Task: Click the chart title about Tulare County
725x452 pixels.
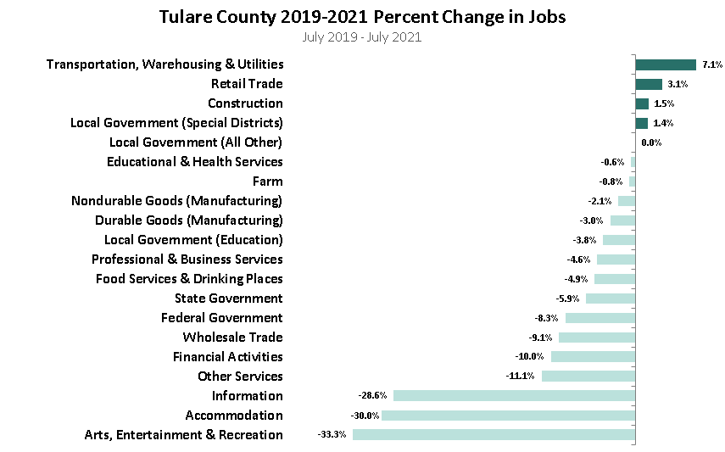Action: (x=362, y=17)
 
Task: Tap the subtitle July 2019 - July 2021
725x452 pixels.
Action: (x=362, y=36)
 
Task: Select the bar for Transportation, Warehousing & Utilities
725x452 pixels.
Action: (x=666, y=64)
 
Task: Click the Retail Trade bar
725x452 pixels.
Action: (x=649, y=84)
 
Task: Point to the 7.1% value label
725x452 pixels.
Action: (x=711, y=64)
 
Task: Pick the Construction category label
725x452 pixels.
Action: (x=245, y=103)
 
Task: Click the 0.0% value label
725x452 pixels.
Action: (x=651, y=142)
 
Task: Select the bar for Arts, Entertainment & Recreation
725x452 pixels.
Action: (x=494, y=435)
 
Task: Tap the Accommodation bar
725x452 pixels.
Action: (x=508, y=416)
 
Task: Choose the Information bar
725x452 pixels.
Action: (x=514, y=396)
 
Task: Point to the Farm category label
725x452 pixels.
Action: (x=267, y=181)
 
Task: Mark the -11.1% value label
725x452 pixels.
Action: (x=520, y=377)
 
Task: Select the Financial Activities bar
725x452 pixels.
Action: (x=593, y=357)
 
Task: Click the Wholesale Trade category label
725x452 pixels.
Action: (x=232, y=338)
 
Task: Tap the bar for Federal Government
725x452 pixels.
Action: (x=600, y=318)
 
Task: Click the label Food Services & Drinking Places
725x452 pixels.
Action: (x=189, y=279)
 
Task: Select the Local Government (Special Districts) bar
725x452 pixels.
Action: (x=641, y=123)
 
